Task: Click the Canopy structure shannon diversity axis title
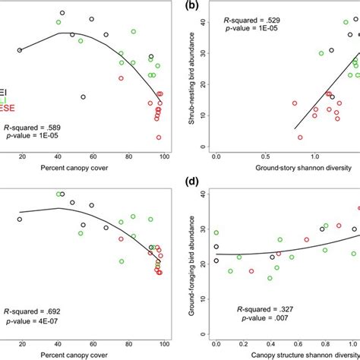(x=284, y=356)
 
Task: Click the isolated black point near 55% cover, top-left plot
(x=83, y=96)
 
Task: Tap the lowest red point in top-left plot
(x=159, y=137)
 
